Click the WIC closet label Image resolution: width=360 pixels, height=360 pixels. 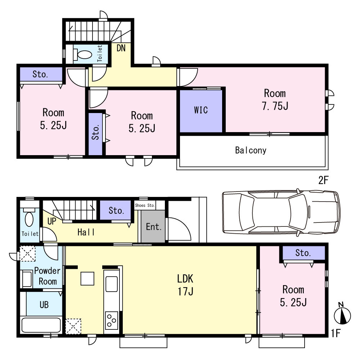201,110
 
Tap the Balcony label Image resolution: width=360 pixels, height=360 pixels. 251,150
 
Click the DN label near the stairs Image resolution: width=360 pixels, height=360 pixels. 121,48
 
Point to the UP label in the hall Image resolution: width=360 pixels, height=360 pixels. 51,221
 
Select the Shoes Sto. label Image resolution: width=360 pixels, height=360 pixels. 145,205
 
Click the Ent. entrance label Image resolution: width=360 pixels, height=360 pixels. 154,227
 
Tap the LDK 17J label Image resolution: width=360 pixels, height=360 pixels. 185,285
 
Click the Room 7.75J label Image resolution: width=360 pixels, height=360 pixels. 275,99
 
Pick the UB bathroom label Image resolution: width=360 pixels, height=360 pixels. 44,305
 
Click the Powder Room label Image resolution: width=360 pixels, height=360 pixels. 47,276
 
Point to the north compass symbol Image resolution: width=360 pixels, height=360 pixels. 342,314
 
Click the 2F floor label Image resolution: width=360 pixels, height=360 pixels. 323,180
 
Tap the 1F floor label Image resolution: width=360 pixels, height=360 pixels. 336,333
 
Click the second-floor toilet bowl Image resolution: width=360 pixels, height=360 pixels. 83,54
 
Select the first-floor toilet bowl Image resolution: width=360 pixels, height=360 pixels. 29,217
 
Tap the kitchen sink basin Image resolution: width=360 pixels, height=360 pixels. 112,284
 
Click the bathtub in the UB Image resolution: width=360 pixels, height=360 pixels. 41,325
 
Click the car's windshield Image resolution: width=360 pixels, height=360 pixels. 298,212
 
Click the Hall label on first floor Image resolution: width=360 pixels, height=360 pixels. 86,232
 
